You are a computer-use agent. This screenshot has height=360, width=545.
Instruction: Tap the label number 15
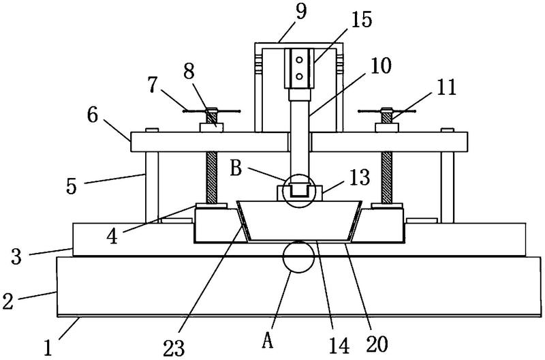361,20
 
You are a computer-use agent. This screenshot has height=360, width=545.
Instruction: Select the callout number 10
380,65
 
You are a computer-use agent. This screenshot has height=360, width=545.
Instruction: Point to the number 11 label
446,87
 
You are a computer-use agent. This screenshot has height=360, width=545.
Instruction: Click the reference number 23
174,348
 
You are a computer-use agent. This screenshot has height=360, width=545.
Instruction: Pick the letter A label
267,340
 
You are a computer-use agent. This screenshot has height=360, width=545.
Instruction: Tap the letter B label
236,169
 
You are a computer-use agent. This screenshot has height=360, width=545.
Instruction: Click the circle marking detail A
298,256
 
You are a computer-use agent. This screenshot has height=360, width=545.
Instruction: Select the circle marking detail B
299,191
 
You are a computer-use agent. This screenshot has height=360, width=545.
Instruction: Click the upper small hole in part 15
299,60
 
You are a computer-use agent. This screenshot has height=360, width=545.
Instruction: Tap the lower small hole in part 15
299,76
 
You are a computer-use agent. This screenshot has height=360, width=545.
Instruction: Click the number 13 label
359,177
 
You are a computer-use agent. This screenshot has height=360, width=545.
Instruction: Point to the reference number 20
377,344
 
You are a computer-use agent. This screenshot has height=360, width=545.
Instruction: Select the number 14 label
339,346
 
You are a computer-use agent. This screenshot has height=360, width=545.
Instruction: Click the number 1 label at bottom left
48,348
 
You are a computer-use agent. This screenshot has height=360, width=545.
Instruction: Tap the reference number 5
72,186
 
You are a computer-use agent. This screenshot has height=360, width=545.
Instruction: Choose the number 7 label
152,85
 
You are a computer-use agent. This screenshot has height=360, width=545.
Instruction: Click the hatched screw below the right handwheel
386,177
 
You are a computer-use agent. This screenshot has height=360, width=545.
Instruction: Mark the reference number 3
16,256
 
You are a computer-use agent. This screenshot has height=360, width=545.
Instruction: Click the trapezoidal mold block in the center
299,220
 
